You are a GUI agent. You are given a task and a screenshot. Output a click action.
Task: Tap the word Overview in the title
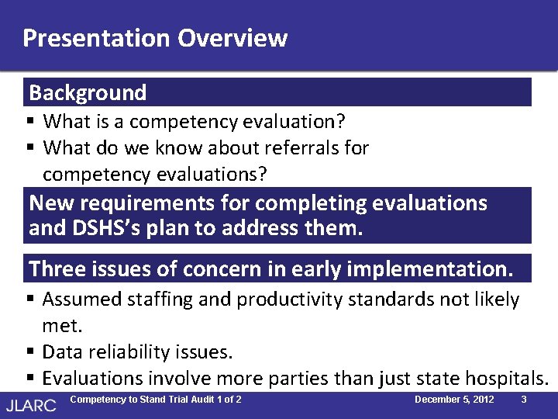pyautogui.click(x=232, y=38)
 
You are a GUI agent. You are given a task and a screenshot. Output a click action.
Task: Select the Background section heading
pyautogui.click(x=88, y=93)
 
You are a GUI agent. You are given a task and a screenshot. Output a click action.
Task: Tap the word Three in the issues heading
pyautogui.click(x=57, y=269)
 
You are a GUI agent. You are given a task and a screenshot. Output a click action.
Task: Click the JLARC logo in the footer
pyautogui.click(x=31, y=404)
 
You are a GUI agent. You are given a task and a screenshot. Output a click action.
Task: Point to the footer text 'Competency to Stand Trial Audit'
pyautogui.click(x=143, y=400)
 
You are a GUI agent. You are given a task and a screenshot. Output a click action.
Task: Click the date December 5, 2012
pyautogui.click(x=454, y=400)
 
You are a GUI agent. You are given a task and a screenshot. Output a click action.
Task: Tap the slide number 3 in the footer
pyautogui.click(x=524, y=400)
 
